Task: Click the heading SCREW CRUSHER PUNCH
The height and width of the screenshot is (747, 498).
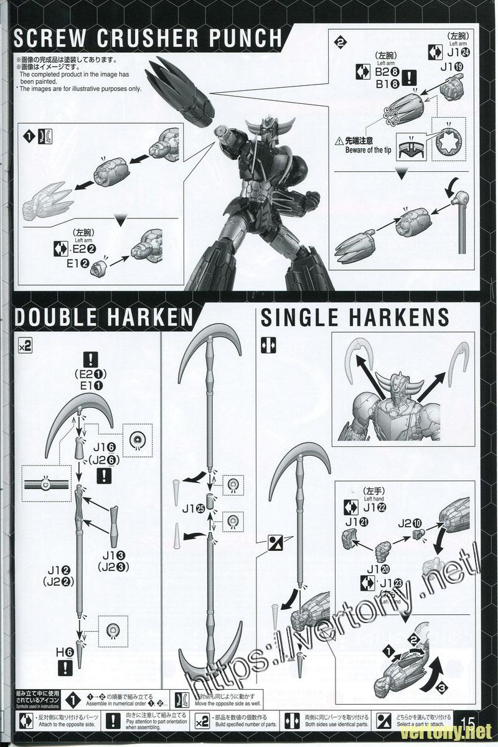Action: coord(148,38)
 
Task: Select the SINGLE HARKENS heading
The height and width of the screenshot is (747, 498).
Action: coord(355,317)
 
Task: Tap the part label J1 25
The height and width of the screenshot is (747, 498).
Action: coord(194,508)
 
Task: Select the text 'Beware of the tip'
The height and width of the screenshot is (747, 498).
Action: coord(369,150)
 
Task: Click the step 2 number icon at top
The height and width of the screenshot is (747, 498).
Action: coord(340,43)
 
